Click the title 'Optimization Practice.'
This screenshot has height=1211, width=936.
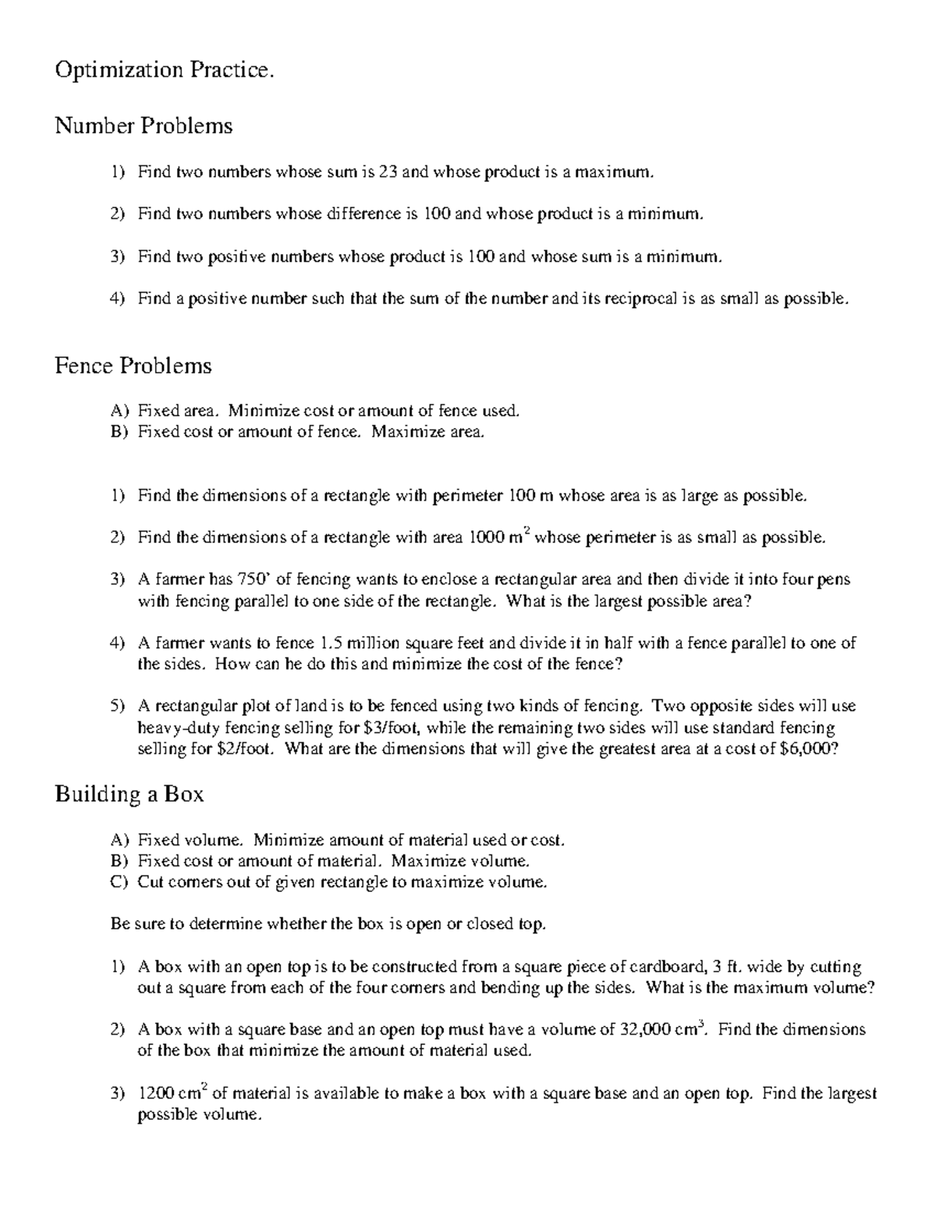coord(165,70)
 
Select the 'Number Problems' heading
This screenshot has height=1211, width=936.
coord(144,126)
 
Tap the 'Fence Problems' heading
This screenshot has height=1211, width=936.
coord(133,366)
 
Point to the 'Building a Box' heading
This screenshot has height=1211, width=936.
coord(129,794)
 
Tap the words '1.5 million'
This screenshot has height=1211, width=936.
coord(360,643)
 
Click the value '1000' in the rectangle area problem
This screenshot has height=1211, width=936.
coord(487,537)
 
